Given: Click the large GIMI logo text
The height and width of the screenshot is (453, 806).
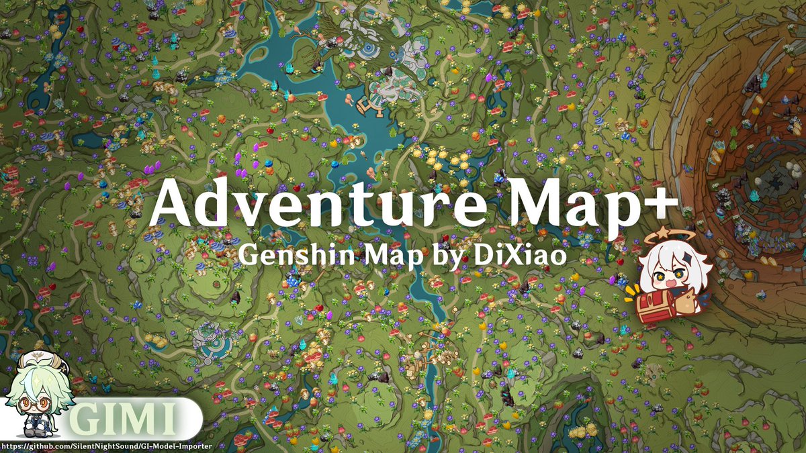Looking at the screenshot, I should tap(124, 421).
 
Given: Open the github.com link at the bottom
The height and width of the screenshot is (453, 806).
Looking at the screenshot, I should tap(107, 446).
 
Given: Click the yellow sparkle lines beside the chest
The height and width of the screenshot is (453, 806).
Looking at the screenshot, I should tap(631, 293).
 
